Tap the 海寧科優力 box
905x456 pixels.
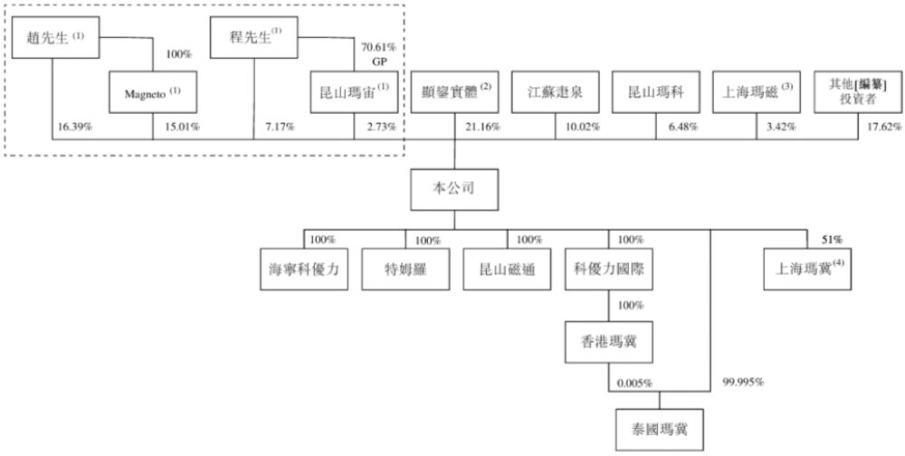pos(303,270)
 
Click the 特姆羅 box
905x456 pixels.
pos(404,270)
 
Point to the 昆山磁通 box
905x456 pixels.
pos(504,270)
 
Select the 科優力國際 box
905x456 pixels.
pos(605,270)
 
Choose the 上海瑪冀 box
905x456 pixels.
pos(807,270)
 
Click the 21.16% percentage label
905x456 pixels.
pos(480,127)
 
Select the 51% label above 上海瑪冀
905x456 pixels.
pos(832,240)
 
